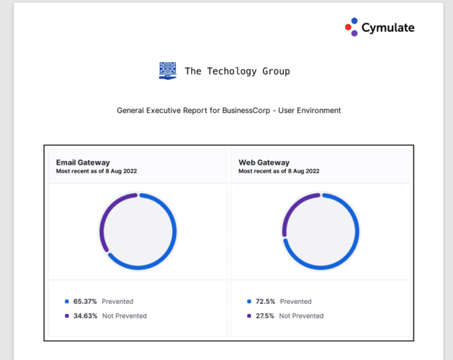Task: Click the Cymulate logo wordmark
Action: pyautogui.click(x=388, y=28)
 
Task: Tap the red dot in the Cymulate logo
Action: pyautogui.click(x=348, y=27)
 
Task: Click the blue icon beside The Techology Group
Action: pyautogui.click(x=168, y=71)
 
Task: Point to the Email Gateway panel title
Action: pyautogui.click(x=83, y=163)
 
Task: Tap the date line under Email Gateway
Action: pyautogui.click(x=97, y=171)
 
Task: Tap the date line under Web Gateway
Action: pyautogui.click(x=279, y=171)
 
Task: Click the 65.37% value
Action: pyautogui.click(x=85, y=302)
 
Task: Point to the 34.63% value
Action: pyautogui.click(x=85, y=316)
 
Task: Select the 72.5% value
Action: pyautogui.click(x=265, y=302)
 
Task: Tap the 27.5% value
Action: pyautogui.click(x=265, y=316)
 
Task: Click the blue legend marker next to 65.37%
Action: pyautogui.click(x=67, y=302)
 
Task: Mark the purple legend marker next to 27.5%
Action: pyautogui.click(x=249, y=316)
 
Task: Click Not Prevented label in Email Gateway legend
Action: pyautogui.click(x=124, y=316)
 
